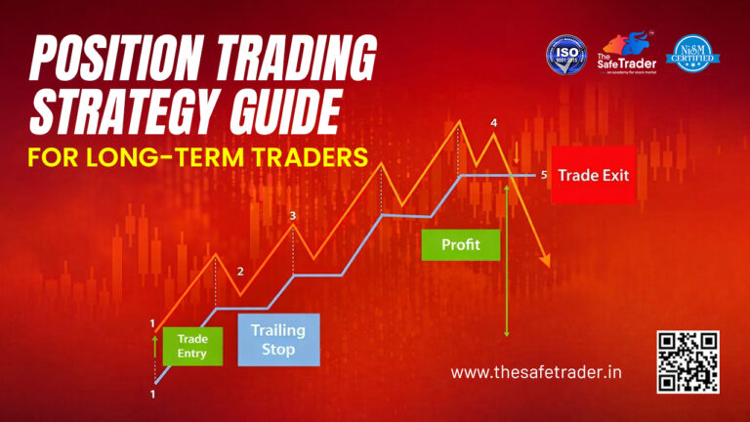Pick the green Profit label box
pyautogui.click(x=460, y=244)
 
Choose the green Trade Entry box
pyautogui.click(x=192, y=346)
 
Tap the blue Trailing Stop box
pyautogui.click(x=278, y=339)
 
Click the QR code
pyautogui.click(x=688, y=361)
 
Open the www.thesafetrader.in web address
pyautogui.click(x=537, y=371)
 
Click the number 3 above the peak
pyautogui.click(x=293, y=215)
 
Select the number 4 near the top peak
pyautogui.click(x=493, y=123)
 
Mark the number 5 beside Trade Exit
pyautogui.click(x=544, y=175)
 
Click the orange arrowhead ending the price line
pyautogui.click(x=546, y=262)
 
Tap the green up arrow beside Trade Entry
pyautogui.click(x=154, y=342)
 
